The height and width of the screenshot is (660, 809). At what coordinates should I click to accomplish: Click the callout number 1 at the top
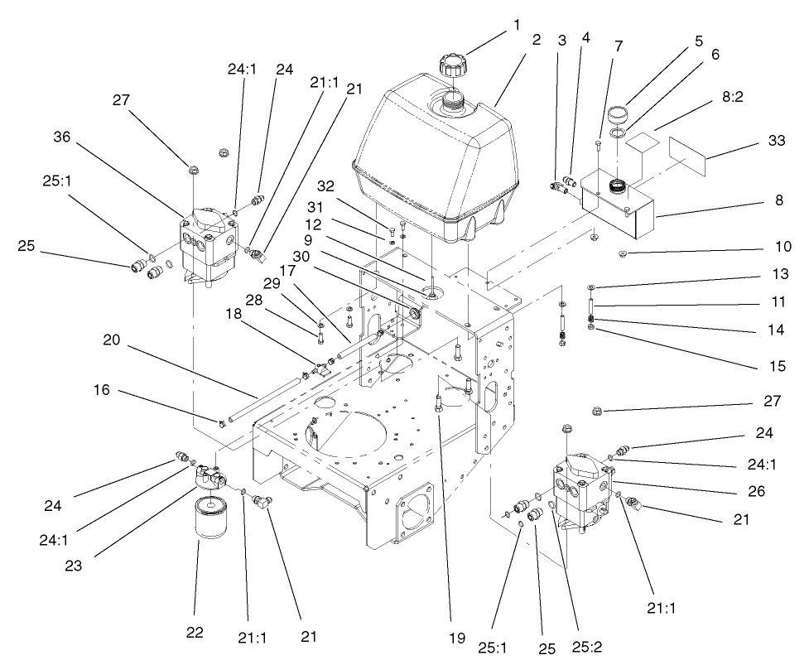point(517,25)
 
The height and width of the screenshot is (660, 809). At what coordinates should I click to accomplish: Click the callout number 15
point(777,365)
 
